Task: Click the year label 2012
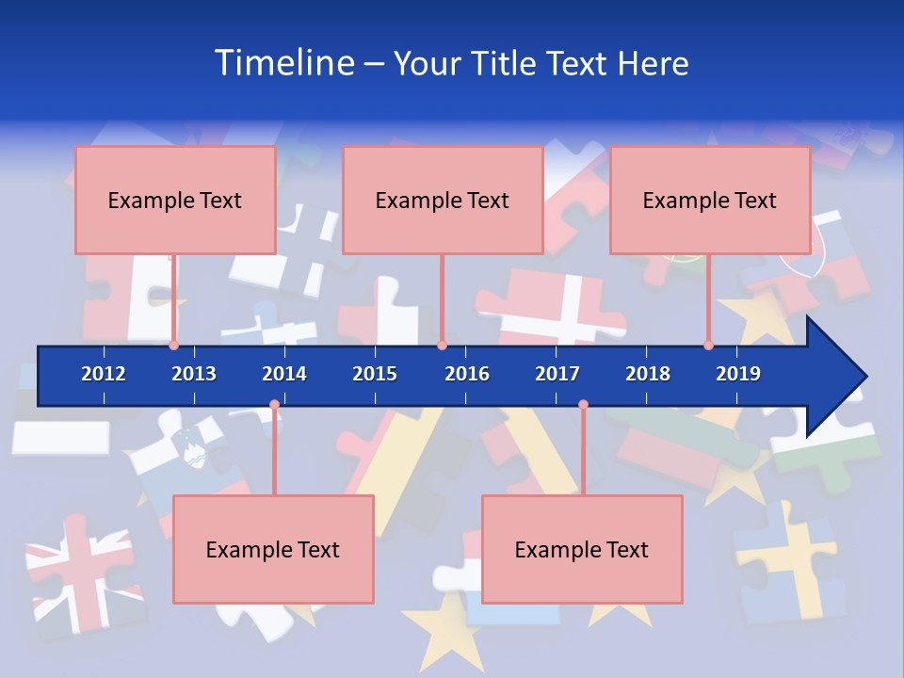[104, 374]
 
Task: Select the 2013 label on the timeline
[194, 374]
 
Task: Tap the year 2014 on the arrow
[284, 374]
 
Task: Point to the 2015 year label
[375, 374]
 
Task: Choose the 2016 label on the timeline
[467, 374]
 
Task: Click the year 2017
[557, 374]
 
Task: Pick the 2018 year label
[648, 374]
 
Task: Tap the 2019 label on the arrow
[738, 374]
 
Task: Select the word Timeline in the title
[283, 63]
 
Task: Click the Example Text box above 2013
[175, 200]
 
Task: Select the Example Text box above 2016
[443, 200]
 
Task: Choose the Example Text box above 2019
[710, 200]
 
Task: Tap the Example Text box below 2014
[273, 549]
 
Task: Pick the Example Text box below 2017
[582, 549]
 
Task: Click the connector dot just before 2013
[174, 346]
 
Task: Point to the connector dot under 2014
[274, 405]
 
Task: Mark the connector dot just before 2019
[709, 346]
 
